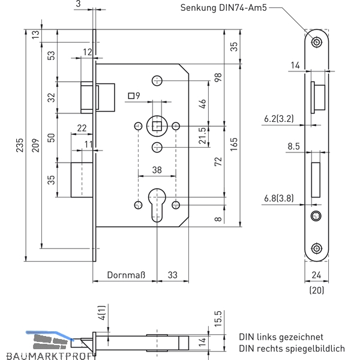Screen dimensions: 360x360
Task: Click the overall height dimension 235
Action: click(20, 145)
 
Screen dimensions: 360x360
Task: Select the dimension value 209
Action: click(35, 145)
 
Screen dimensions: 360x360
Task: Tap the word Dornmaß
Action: click(126, 275)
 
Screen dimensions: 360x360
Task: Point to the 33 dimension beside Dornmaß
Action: click(173, 275)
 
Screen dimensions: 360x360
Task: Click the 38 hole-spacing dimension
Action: click(157, 170)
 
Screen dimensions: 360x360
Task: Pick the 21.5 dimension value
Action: click(203, 136)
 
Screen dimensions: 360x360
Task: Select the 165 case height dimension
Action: click(234, 145)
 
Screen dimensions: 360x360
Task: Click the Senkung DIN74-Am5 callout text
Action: click(224, 8)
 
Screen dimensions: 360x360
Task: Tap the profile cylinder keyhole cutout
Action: click(157, 205)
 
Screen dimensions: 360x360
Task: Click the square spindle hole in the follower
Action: click(157, 126)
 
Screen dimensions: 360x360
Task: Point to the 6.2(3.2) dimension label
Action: click(279, 119)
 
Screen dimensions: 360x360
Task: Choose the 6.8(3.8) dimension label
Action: click(279, 198)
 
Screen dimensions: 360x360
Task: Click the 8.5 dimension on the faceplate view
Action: click(293, 146)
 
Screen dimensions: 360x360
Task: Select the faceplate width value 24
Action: click(316, 275)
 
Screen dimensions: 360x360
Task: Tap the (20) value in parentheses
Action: click(317, 290)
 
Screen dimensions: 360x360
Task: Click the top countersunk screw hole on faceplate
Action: click(317, 42)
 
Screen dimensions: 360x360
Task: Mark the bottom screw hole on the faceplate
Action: click(317, 248)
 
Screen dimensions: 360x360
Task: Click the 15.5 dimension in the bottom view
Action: click(218, 319)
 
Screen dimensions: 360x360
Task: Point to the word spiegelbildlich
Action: click(301, 348)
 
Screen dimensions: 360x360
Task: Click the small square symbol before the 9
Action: click(131, 96)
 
